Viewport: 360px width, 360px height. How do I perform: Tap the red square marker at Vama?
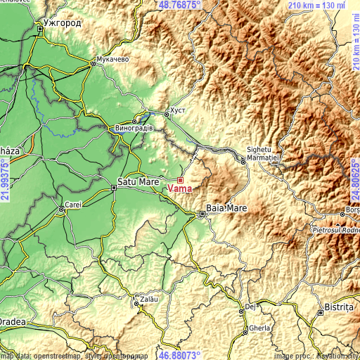(180, 180)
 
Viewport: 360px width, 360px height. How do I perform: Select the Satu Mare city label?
(138, 181)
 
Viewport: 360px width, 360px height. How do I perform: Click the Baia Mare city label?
(224, 208)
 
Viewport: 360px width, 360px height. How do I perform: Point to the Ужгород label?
(62, 22)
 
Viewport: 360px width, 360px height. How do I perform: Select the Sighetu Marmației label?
(264, 154)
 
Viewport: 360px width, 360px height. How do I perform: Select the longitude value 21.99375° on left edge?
(5, 179)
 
